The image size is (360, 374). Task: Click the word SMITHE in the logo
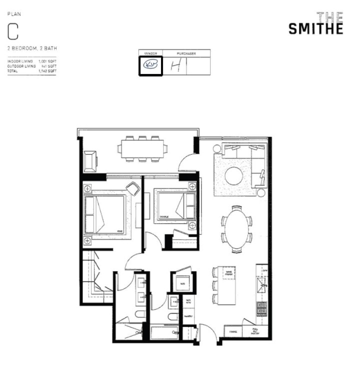click(316, 29)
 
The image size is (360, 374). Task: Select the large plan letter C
click(13, 31)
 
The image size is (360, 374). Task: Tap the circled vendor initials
click(150, 65)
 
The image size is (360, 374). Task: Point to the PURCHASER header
click(186, 53)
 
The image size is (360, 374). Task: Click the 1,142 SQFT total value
click(47, 71)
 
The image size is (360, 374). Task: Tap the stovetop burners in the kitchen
click(262, 308)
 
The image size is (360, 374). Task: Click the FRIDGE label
click(233, 331)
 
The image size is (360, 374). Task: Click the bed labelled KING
click(106, 214)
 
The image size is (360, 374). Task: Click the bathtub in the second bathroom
click(164, 332)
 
